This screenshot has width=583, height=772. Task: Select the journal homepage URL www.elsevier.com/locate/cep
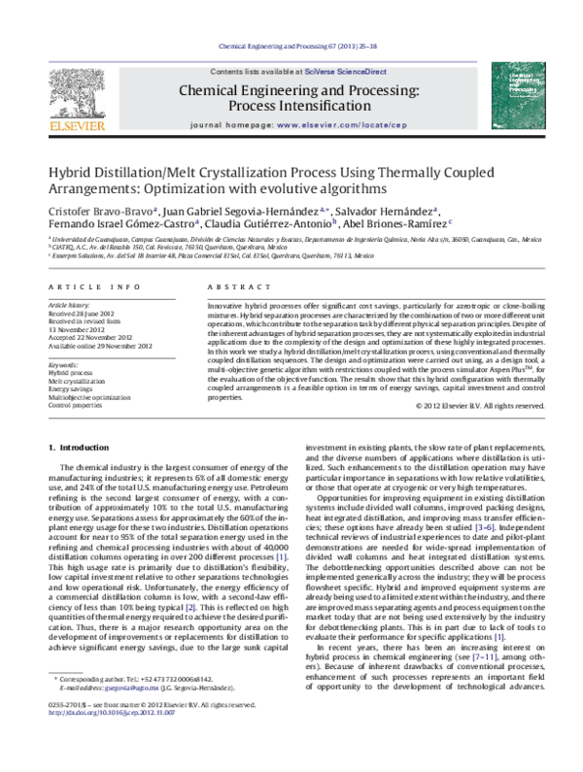(331, 126)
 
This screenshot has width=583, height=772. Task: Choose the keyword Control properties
(77, 406)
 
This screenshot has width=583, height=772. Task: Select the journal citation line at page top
(291, 46)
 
